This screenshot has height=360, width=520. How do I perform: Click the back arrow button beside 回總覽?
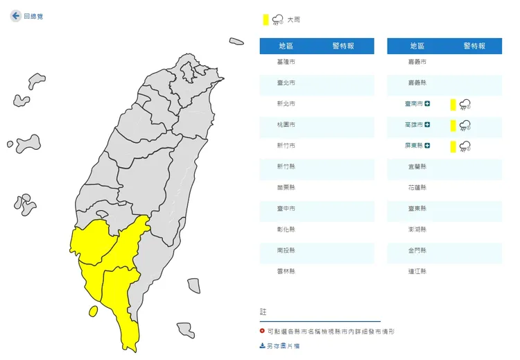point(16,15)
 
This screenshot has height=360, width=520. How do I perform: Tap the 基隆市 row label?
point(286,62)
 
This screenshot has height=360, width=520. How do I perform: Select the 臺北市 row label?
point(286,83)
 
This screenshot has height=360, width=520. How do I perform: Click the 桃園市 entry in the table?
point(286,125)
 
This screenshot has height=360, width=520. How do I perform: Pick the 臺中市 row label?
point(286,208)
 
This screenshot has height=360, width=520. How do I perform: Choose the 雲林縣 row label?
point(286,271)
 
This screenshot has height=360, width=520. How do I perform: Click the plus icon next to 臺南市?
point(428,104)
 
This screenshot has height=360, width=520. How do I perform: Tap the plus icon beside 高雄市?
point(428,125)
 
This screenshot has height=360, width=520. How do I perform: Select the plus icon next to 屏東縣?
point(428,146)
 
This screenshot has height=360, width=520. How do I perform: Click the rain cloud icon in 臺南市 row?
point(465,105)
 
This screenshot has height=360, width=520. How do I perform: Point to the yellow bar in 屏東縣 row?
point(453,146)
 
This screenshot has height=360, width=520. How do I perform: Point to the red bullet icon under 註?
point(262,332)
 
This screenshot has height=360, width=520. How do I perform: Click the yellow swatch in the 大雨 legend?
point(266,19)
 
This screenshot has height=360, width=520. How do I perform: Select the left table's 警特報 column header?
point(343,46)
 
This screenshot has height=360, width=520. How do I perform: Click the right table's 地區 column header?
point(417,46)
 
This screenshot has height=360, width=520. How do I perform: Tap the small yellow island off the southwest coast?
point(92,311)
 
